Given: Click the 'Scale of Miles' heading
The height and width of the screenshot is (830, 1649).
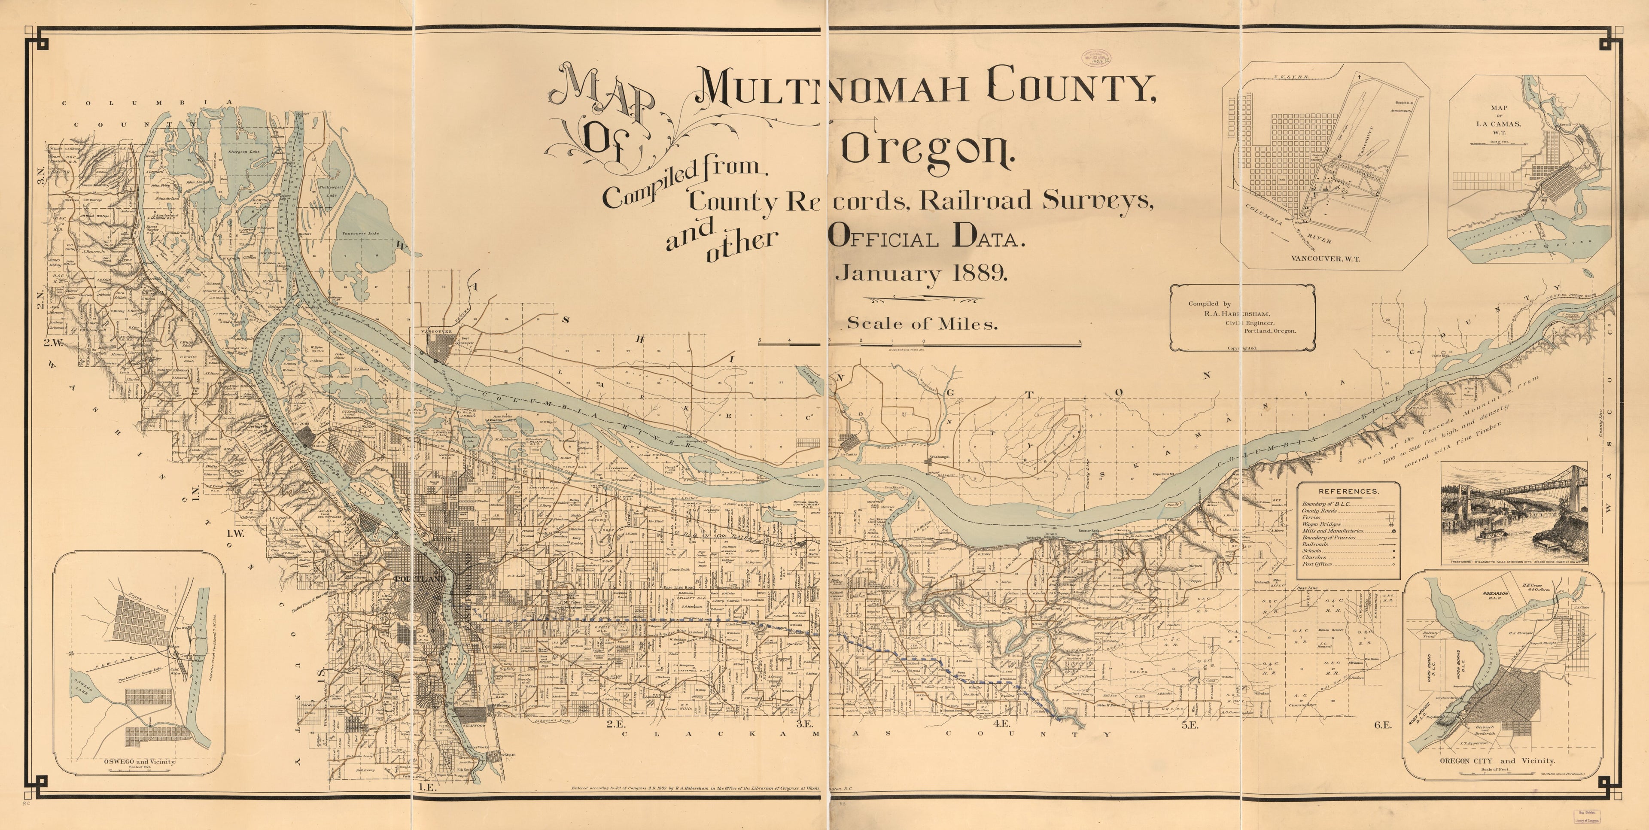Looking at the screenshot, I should coord(922,324).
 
